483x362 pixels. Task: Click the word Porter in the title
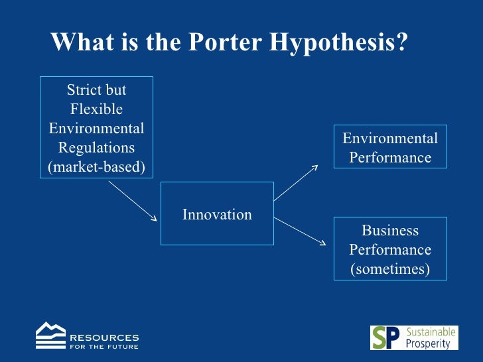pyautogui.click(x=225, y=42)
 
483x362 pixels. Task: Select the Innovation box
pyautogui.click(x=217, y=214)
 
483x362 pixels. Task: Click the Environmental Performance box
pyautogui.click(x=390, y=148)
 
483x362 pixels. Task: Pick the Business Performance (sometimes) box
pyautogui.click(x=390, y=249)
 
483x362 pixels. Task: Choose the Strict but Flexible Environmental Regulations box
pyautogui.click(x=97, y=128)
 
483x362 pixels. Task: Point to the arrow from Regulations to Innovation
pyautogui.click(x=133, y=202)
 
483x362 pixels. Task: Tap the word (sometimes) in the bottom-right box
pyautogui.click(x=390, y=269)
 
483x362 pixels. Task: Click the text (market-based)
pyautogui.click(x=97, y=166)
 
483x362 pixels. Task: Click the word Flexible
pyautogui.click(x=97, y=109)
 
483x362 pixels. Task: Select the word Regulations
pyautogui.click(x=97, y=147)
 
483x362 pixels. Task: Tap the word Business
pyautogui.click(x=390, y=231)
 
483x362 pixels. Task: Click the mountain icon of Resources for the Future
pyautogui.click(x=50, y=335)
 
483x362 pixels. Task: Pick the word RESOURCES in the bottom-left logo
pyautogui.click(x=104, y=337)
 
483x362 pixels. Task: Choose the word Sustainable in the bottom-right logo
pyautogui.click(x=431, y=332)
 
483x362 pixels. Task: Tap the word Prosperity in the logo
pyautogui.click(x=428, y=343)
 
